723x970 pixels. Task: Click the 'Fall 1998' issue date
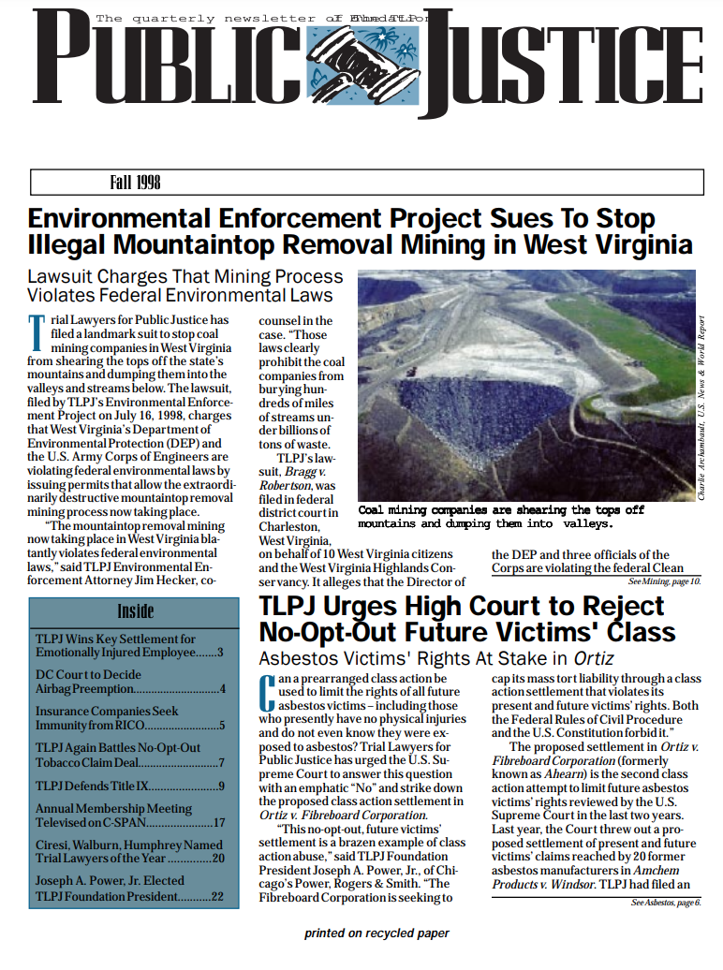136,182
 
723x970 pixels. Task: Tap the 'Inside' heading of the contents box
135,611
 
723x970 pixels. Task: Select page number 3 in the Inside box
220,653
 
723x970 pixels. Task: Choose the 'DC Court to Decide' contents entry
88,674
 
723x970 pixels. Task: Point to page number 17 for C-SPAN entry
218,824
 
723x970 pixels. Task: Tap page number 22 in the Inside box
217,897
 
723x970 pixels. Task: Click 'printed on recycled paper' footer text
376,933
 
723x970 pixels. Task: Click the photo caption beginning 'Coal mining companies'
501,517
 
